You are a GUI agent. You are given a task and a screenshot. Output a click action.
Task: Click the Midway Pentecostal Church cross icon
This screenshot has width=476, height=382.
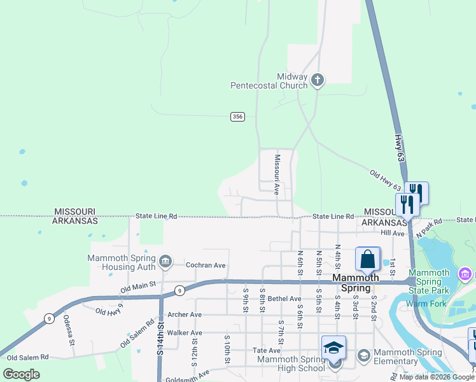(318, 80)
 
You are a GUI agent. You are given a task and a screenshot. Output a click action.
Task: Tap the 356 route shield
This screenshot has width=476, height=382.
(237, 117)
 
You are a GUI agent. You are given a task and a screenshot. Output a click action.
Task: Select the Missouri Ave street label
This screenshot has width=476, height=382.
(277, 174)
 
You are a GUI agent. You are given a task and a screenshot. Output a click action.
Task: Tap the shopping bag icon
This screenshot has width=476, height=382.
(368, 260)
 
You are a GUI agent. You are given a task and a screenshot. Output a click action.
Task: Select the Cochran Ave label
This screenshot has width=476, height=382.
(206, 265)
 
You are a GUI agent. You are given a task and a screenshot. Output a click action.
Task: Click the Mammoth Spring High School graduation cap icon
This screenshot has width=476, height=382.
(333, 348)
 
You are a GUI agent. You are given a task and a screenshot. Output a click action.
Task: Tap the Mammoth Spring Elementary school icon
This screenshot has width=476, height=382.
(364, 354)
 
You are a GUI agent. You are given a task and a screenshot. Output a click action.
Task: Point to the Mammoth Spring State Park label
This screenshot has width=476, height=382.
(433, 281)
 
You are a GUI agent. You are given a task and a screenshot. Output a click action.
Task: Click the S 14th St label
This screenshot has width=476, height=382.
(160, 337)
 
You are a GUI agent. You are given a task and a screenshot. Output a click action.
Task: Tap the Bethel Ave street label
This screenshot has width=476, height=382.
(284, 299)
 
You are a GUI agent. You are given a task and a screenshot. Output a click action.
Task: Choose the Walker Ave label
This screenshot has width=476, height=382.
(184, 332)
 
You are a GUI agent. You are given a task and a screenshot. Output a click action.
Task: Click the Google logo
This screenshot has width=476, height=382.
(21, 374)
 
